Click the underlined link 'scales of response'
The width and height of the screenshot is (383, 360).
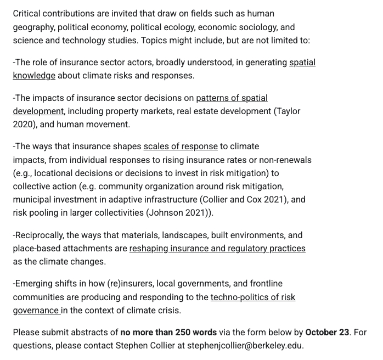181,147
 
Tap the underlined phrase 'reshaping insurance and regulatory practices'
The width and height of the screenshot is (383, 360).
217,249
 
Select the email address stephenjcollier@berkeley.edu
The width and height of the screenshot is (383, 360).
245,346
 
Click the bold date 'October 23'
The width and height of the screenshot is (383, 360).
327,333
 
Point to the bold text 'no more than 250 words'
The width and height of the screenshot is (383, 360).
168,333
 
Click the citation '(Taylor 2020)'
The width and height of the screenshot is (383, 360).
288,111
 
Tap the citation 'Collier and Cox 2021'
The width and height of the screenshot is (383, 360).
241,200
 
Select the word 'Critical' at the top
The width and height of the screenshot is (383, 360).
29,13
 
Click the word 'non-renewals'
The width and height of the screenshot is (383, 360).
286,160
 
